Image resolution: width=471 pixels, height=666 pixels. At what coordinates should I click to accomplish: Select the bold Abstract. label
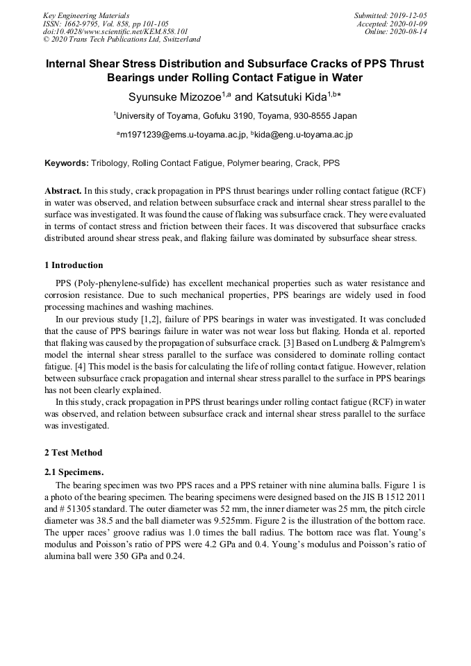(63, 190)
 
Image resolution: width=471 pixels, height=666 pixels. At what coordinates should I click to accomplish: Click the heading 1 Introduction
(74, 265)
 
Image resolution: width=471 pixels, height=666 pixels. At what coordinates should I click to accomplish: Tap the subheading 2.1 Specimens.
(74, 472)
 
